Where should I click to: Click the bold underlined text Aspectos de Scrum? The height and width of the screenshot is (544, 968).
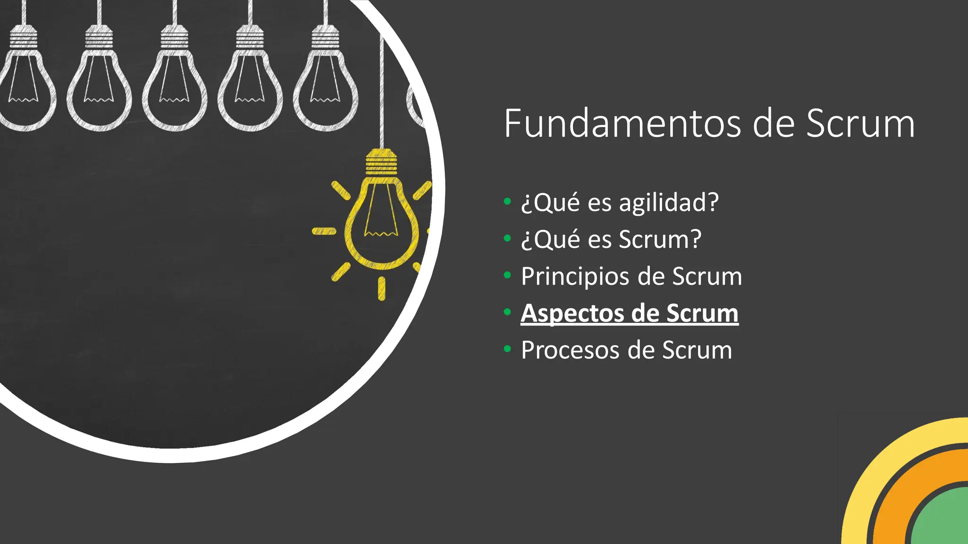pyautogui.click(x=629, y=313)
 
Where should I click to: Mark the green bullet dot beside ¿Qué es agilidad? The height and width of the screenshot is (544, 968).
pyautogui.click(x=507, y=202)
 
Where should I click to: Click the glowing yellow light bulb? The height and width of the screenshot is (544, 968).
pyautogui.click(x=381, y=222)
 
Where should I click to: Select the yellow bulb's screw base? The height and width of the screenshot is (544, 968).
pyautogui.click(x=381, y=162)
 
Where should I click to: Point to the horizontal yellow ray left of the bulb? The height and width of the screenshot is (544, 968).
pyautogui.click(x=324, y=231)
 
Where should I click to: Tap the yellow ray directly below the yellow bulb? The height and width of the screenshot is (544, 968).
pyautogui.click(x=381, y=289)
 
